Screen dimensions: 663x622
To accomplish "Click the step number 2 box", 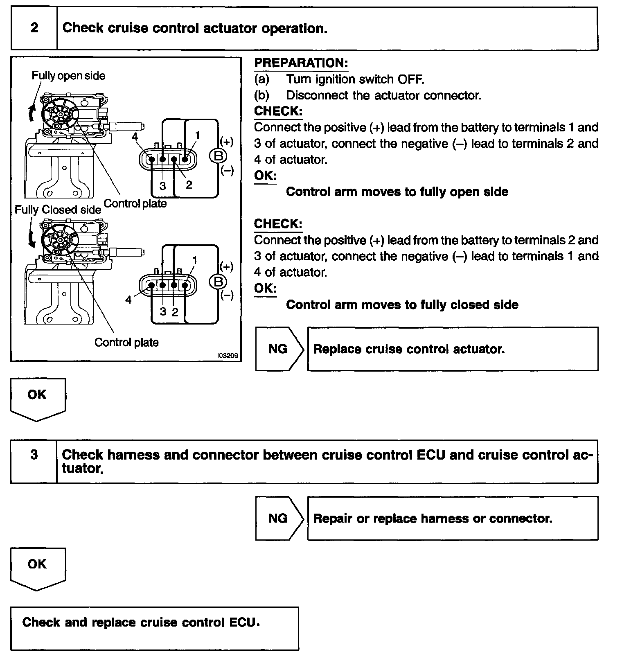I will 34,28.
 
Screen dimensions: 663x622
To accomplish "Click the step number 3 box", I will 34,455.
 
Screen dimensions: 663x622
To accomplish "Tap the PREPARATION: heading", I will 301,63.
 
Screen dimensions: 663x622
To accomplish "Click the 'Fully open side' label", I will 68,76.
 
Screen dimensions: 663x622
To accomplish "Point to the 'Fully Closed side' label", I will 58,210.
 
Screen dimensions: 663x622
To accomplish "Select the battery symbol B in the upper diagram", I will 218,156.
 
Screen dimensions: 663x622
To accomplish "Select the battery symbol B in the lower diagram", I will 218,282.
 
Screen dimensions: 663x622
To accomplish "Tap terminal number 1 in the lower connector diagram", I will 195,260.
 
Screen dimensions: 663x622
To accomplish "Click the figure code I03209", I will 228,356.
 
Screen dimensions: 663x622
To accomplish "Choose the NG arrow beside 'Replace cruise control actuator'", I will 279,349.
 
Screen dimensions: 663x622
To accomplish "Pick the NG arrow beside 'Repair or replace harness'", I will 279,519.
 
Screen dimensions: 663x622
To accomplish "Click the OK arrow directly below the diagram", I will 37,398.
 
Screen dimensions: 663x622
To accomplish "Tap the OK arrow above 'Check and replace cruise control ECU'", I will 37,568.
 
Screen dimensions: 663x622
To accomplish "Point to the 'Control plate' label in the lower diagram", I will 126,343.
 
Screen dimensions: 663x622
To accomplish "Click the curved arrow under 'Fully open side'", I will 31,113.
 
